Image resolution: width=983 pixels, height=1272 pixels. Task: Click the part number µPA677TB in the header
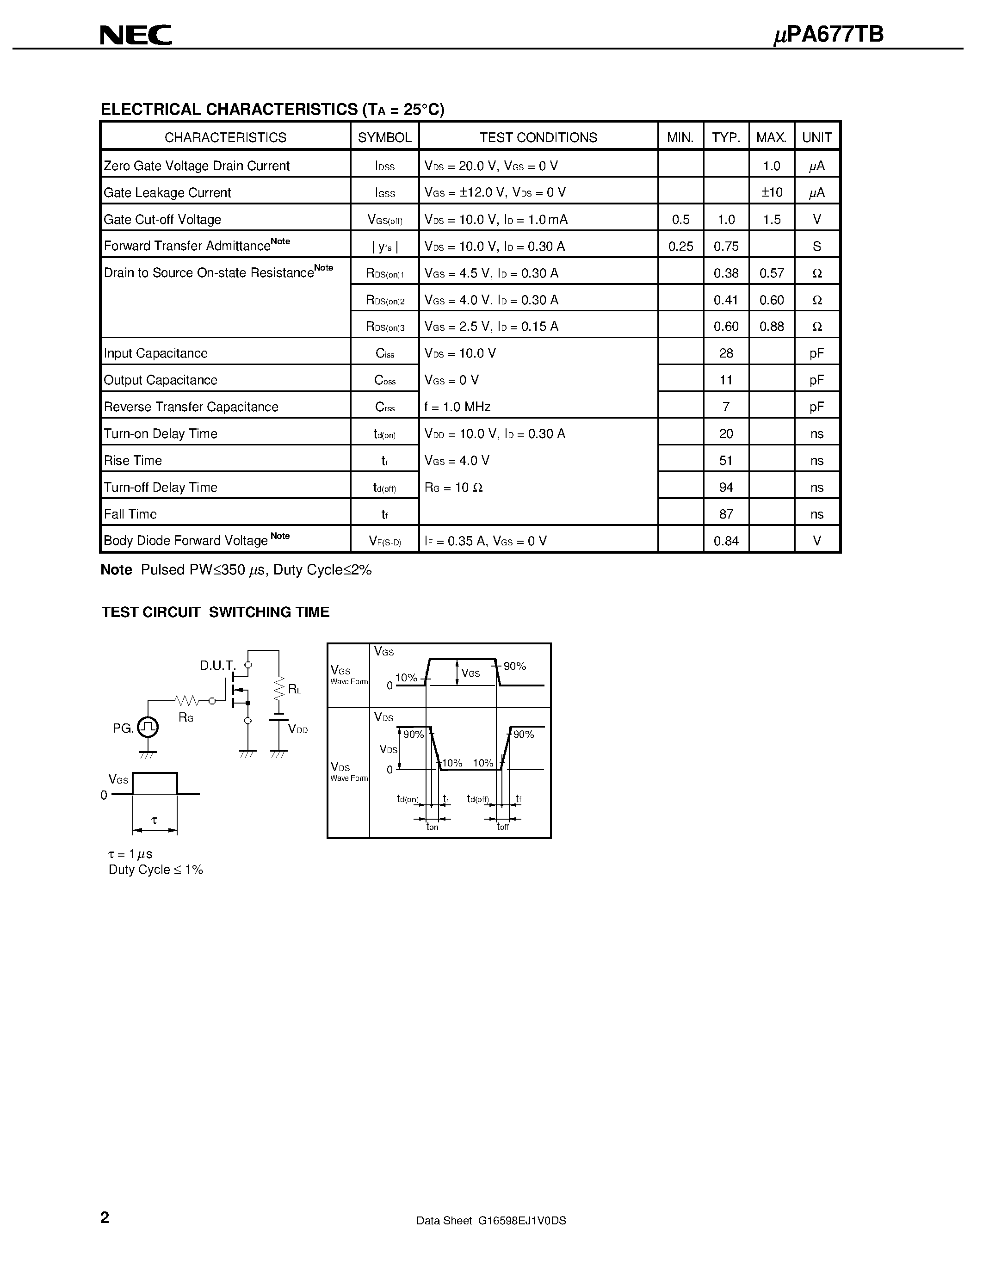tap(828, 35)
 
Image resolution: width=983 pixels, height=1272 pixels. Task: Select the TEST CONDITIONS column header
tap(538, 137)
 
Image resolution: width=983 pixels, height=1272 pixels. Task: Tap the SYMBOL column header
tap(384, 137)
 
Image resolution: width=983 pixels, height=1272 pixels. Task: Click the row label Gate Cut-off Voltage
tap(162, 220)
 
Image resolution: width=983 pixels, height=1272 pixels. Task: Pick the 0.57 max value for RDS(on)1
tap(772, 273)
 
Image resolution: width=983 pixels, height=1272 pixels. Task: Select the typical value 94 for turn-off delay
tap(726, 488)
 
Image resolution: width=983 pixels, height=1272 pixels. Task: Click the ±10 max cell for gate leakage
tap(772, 193)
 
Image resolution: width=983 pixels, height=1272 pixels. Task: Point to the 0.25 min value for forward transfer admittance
tap(680, 247)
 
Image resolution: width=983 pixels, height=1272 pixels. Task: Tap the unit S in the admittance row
tap(816, 247)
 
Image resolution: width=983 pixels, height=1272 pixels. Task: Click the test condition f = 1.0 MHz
tap(457, 407)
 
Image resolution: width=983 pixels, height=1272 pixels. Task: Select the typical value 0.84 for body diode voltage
tap(726, 541)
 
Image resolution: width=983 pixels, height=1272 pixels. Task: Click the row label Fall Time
tap(130, 514)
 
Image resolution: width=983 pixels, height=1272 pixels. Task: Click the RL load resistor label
tap(295, 690)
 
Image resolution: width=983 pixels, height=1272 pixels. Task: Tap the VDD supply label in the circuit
tap(297, 729)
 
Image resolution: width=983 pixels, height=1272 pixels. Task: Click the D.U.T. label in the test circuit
tap(217, 665)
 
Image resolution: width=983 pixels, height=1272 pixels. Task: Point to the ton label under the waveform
tap(432, 827)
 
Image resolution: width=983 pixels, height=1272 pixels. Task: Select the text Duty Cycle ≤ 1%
tap(156, 870)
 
